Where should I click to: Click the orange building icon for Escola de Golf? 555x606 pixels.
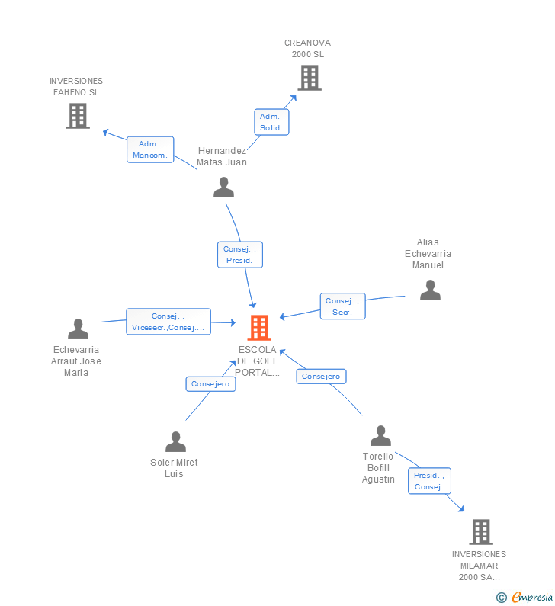coord(259,328)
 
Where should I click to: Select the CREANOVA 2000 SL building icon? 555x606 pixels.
coord(310,78)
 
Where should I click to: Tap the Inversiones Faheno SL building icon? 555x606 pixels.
coord(78,116)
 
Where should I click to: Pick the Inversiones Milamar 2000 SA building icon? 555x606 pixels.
coord(481,532)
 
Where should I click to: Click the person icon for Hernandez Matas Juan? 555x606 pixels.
coord(224,188)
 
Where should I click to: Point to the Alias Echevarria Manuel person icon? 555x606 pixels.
coord(430,290)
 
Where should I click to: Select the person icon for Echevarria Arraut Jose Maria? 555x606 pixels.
coord(78,329)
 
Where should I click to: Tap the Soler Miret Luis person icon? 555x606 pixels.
coord(175,442)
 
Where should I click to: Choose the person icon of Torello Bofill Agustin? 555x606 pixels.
coord(380,435)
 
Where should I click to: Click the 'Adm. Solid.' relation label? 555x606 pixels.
coord(271,122)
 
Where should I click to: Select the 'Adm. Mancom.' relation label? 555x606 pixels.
coord(150,149)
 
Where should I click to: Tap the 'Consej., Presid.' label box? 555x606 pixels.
coord(240,255)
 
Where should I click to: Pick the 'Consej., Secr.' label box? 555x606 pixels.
coord(343,306)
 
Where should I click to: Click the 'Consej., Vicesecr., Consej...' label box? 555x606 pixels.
coord(168,322)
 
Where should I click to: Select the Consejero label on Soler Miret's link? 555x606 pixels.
coord(210,384)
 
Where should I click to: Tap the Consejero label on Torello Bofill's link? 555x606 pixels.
coord(321,377)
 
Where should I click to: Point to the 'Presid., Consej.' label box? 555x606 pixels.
coord(429,481)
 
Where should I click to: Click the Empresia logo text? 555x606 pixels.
coord(532,597)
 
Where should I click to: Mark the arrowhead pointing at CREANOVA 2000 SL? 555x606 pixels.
coord(294,98)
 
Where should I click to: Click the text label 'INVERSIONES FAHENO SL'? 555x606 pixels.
coord(76,87)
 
